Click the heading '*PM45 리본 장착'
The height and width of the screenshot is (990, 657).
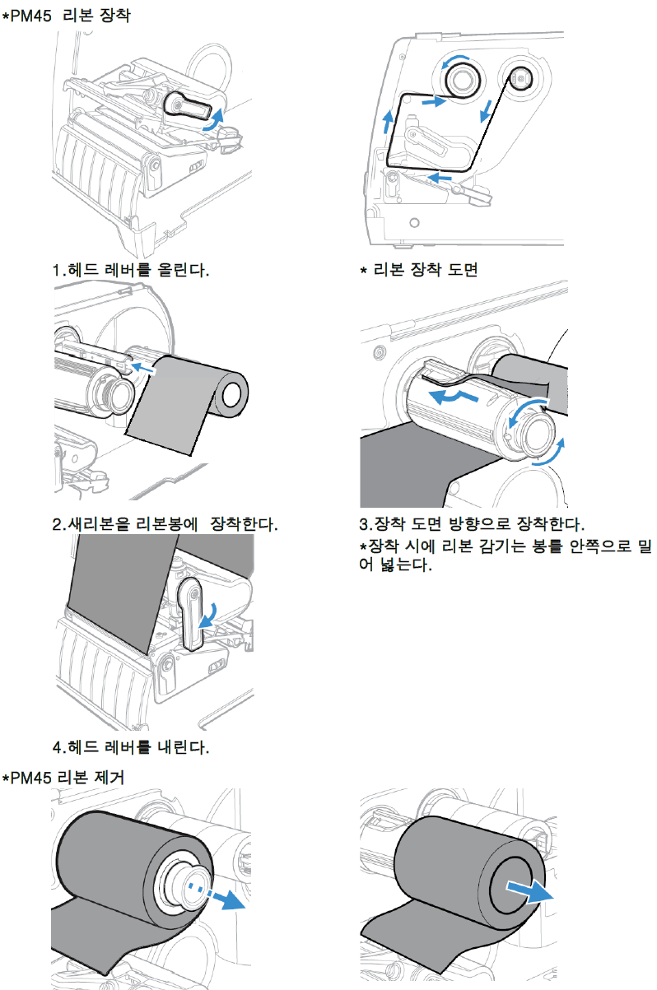pyautogui.click(x=66, y=15)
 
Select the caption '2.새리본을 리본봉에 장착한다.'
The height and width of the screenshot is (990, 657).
pyautogui.click(x=165, y=524)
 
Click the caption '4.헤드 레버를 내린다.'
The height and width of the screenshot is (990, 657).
pyautogui.click(x=131, y=748)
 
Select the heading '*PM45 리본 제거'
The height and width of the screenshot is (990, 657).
pyautogui.click(x=63, y=777)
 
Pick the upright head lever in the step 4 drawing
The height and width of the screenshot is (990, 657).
pyautogui.click(x=191, y=613)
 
